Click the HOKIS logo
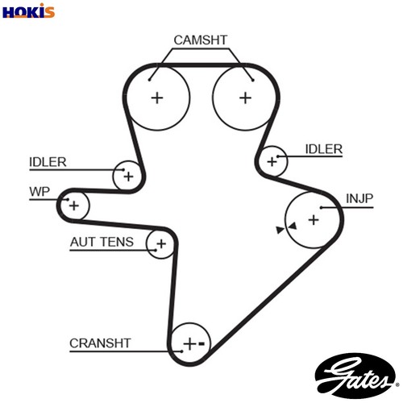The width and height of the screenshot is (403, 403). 28,11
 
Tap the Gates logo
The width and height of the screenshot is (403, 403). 356,375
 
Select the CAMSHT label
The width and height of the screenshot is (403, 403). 201,40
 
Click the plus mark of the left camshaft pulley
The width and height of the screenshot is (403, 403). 157,98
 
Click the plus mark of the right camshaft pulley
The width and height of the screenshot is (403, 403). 245,98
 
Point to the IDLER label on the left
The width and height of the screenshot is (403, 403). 48,162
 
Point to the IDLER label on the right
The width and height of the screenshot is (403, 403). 324,149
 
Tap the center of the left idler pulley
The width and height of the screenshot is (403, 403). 128,177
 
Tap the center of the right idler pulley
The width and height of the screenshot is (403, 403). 272,162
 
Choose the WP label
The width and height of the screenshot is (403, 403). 39,192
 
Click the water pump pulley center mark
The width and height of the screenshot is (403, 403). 74,206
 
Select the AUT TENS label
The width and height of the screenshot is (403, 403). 102,242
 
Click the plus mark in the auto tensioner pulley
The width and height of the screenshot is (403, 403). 161,244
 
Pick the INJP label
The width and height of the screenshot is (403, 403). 359,198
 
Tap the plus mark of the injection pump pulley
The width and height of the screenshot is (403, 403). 314,220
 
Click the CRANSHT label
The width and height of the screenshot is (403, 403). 100,343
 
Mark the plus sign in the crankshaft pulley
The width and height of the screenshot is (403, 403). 189,344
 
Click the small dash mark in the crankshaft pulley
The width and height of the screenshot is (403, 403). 201,343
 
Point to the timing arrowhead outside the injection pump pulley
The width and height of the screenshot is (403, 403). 280,230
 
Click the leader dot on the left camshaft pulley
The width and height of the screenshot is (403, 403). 150,80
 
